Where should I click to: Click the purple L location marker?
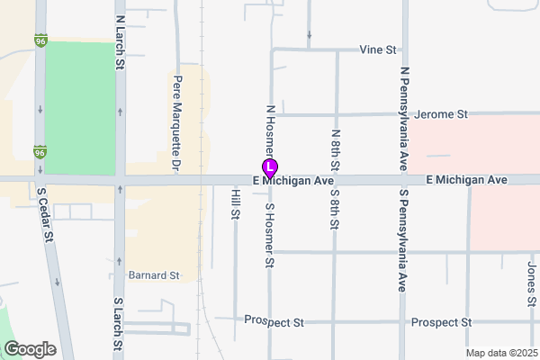269,168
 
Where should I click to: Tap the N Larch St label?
119,41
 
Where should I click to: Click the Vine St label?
378,49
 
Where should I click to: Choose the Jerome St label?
443,114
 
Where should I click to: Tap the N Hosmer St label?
269,130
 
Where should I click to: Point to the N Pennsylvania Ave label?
404,116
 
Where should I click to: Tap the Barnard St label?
154,274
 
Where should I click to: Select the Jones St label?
531,282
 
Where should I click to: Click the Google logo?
30,348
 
